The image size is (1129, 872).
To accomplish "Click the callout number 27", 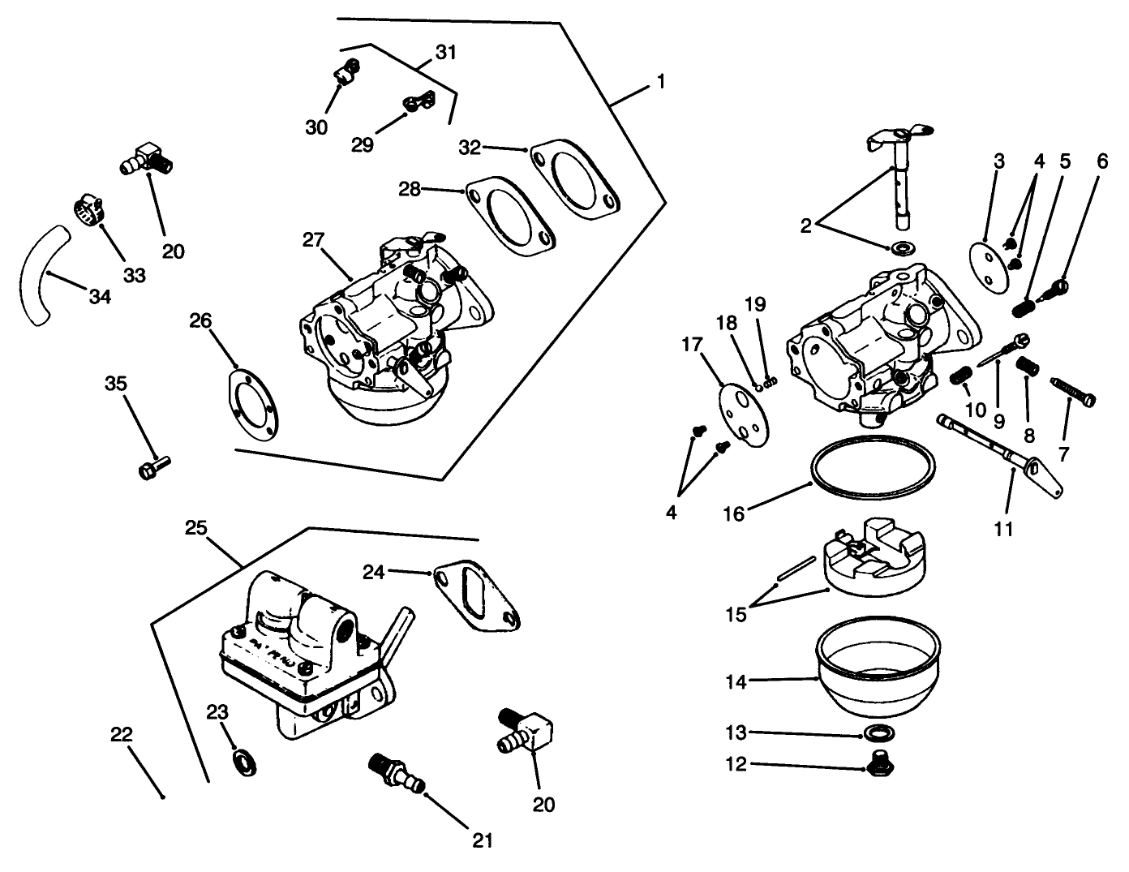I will point(314,240).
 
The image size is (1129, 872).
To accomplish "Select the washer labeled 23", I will point(242,762).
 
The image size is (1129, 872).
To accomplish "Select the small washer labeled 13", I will point(875,735).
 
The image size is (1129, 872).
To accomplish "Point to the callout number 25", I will point(195,529).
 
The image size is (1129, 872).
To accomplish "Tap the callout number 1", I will point(661,82).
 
